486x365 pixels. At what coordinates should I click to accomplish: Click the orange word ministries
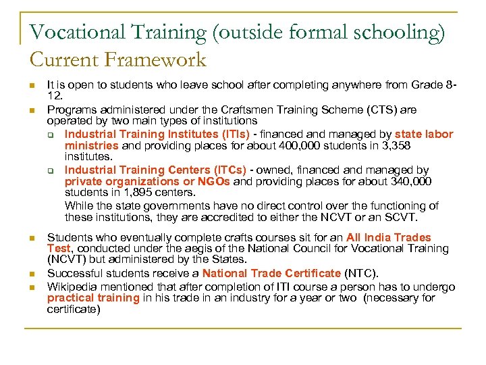point(91,145)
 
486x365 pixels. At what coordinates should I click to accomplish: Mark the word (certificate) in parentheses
point(74,310)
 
